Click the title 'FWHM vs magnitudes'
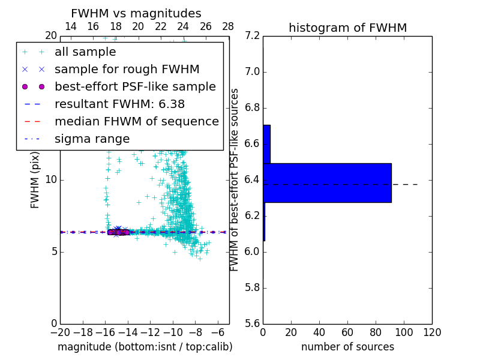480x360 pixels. (x=136, y=14)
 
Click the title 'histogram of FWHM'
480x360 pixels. (x=347, y=28)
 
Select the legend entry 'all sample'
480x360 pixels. (x=85, y=52)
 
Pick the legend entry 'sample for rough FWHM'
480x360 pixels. (x=127, y=70)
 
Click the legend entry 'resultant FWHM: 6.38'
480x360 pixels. (x=119, y=104)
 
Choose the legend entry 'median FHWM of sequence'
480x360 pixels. (x=136, y=122)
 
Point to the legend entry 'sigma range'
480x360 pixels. (x=92, y=139)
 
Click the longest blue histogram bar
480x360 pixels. (x=327, y=182)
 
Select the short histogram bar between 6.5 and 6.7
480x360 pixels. (x=266, y=144)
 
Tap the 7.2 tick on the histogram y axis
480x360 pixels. (x=253, y=36)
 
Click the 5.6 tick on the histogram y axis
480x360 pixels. (x=253, y=323)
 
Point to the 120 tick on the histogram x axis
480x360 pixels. (x=432, y=333)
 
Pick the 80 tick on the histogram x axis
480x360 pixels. (x=376, y=333)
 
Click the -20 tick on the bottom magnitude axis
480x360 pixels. (x=60, y=333)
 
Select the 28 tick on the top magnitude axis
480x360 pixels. (x=229, y=26)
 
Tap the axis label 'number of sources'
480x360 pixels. (x=347, y=347)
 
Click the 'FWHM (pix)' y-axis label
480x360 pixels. (x=35, y=180)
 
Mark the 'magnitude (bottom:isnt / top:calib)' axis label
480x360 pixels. (x=145, y=347)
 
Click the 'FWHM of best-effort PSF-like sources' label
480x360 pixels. (x=235, y=180)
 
